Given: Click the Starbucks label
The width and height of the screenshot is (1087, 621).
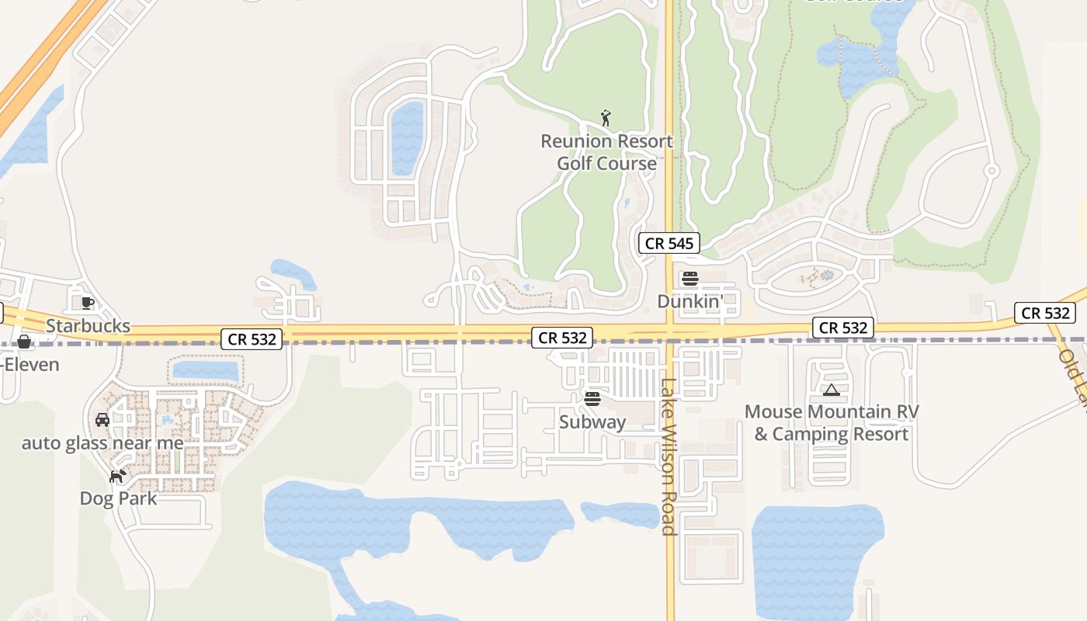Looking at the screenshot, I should [x=88, y=325].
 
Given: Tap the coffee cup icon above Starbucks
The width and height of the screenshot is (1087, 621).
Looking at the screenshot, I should [x=88, y=302].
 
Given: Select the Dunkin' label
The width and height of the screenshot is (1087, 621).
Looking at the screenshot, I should [x=689, y=300].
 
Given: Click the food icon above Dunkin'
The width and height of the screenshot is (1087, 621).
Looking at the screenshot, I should [x=689, y=279].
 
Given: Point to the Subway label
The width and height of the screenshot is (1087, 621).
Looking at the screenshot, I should [x=592, y=422].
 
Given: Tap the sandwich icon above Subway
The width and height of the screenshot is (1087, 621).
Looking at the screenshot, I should [x=592, y=399].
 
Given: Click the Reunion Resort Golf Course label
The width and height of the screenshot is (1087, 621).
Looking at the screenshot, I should [x=606, y=152].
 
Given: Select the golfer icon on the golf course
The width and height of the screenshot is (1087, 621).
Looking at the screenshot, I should [x=606, y=119].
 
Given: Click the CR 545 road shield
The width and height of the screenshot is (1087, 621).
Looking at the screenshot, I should [x=669, y=243].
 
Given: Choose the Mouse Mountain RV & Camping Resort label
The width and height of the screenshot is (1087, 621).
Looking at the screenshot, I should [x=832, y=422].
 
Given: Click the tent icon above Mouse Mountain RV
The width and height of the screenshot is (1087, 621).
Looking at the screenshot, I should [x=832, y=390].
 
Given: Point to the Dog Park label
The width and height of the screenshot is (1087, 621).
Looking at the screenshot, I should [x=118, y=498].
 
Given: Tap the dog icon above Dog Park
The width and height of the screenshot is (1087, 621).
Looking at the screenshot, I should [x=117, y=476].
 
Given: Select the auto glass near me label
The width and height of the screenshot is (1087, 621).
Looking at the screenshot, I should [x=102, y=443].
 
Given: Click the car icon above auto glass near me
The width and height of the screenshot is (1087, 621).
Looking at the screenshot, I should [x=102, y=420].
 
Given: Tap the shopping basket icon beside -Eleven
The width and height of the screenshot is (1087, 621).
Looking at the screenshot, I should [x=24, y=342].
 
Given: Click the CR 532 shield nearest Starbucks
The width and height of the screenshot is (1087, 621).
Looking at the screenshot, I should [x=251, y=338].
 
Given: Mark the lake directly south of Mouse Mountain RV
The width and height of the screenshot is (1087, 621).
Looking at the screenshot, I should [x=815, y=559].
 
